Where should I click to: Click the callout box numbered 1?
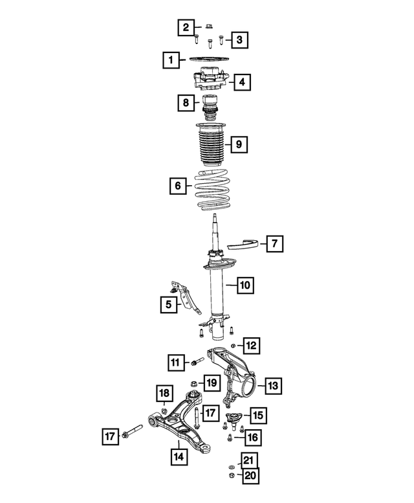point(171,61)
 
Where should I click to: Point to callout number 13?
point(272,386)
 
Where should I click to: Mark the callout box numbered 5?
point(168,304)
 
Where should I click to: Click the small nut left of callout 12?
point(233,346)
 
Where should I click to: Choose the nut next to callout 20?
point(232,476)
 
